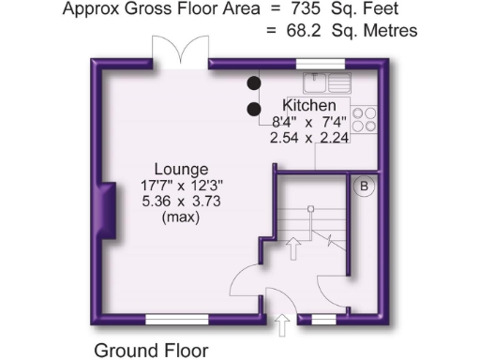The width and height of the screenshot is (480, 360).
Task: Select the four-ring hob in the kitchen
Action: [x=366, y=120]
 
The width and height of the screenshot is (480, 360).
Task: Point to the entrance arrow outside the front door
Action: [x=280, y=325]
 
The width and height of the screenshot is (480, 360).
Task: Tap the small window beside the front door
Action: [x=323, y=319]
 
